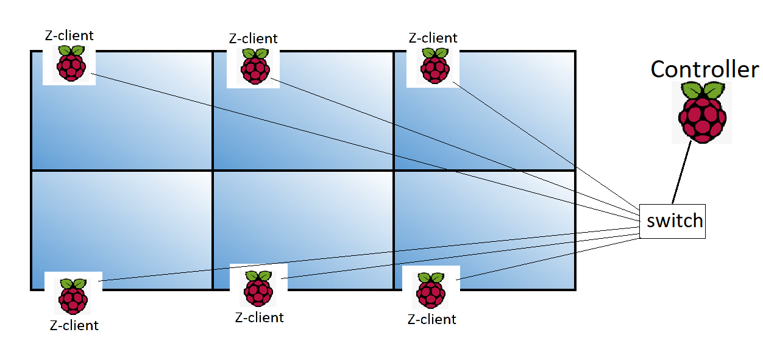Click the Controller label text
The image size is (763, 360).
pos(704,69)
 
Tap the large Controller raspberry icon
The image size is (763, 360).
pos(703,116)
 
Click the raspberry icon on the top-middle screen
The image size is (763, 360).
pos(253,67)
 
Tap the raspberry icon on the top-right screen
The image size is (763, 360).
pos(435,66)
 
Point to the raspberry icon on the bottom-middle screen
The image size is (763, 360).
pos(258,289)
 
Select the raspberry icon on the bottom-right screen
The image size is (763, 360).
pos(431,291)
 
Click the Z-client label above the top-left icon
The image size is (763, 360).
pos(69,35)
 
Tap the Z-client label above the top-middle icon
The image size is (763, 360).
pos(253,38)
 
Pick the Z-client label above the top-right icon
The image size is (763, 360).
pos(433,38)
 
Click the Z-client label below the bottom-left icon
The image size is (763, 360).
pos(74,325)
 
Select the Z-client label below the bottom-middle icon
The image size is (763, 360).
pos(259,317)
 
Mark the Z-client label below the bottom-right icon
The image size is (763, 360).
pos(431,319)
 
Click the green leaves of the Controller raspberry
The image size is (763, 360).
pos(703,91)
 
